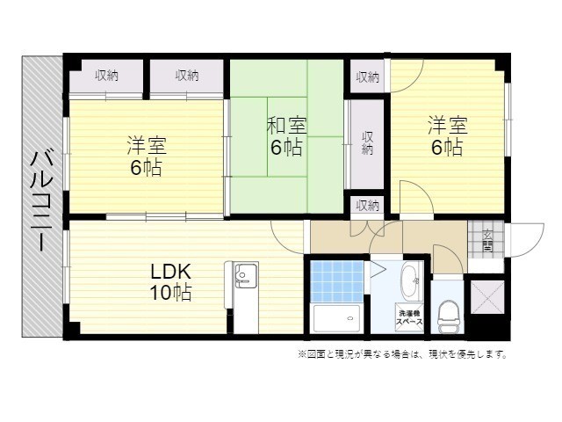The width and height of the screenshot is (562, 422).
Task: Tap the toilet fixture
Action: pyautogui.click(x=448, y=311)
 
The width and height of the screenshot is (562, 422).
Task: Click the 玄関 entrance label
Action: pyautogui.click(x=487, y=239)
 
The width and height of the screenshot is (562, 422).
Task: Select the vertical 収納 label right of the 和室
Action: pyautogui.click(x=366, y=142)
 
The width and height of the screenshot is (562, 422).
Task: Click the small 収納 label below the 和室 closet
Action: pyautogui.click(x=367, y=205)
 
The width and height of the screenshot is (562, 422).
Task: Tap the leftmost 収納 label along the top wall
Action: pyautogui.click(x=107, y=76)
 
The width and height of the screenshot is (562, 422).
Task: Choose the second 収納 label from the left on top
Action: pyautogui.click(x=186, y=76)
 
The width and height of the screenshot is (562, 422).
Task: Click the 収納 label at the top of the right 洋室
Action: pyautogui.click(x=367, y=76)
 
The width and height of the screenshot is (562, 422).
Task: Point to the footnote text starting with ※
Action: pyautogui.click(x=401, y=355)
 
